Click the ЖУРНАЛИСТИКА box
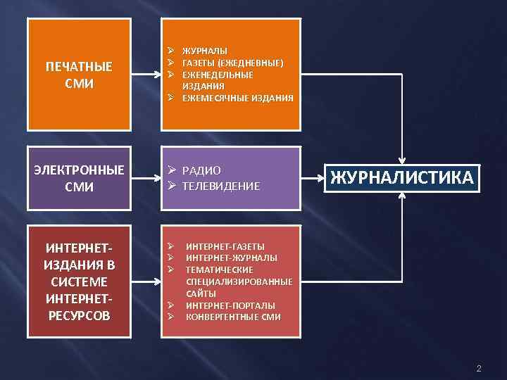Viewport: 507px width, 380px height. pos(402,178)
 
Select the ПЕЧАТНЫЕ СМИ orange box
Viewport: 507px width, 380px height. pos(78,75)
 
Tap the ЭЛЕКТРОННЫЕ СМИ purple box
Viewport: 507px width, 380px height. pos(78,179)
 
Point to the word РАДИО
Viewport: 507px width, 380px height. pos(202,170)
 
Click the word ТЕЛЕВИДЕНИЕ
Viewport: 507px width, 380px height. pos(221,186)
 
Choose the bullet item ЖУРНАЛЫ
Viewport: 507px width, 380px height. pos(205,51)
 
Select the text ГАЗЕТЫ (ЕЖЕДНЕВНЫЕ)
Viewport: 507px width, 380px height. pos(233,63)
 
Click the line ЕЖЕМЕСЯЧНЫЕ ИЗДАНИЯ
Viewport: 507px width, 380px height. pos(237,97)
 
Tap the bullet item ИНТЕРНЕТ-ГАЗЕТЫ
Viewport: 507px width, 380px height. pos(225,246)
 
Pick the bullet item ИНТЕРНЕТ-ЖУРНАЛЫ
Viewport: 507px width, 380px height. pos(231,258)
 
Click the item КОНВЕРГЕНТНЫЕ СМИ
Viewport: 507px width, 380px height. pos(233,317)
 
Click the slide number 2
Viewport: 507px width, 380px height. pos(479,369)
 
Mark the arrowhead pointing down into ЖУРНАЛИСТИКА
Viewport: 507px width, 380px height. pos(402,160)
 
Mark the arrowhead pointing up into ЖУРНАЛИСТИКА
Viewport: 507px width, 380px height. pos(402,196)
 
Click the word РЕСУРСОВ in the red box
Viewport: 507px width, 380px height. pos(78,315)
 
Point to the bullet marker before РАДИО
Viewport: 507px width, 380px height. pos(171,170)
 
